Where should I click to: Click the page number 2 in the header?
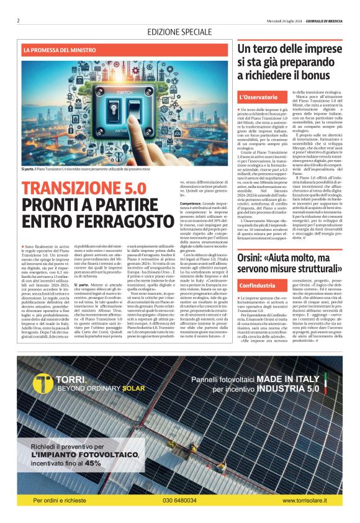coord(19,20)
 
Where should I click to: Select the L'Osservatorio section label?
coord(258,97)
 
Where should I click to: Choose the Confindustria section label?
coord(260,285)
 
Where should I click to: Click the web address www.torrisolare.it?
coord(313,500)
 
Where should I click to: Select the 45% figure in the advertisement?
coord(93,462)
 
